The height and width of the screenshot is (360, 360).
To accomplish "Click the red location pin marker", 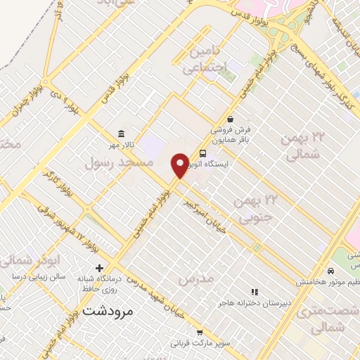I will point(180,165).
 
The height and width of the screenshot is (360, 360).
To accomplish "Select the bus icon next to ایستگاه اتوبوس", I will point(203,154).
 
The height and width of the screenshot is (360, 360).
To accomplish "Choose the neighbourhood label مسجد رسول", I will point(119,162).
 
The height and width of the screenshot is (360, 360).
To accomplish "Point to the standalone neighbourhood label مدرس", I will point(195,280).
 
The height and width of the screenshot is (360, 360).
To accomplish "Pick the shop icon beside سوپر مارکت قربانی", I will point(200,333).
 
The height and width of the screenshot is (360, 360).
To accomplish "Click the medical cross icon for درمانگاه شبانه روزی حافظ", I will point(99,268).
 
